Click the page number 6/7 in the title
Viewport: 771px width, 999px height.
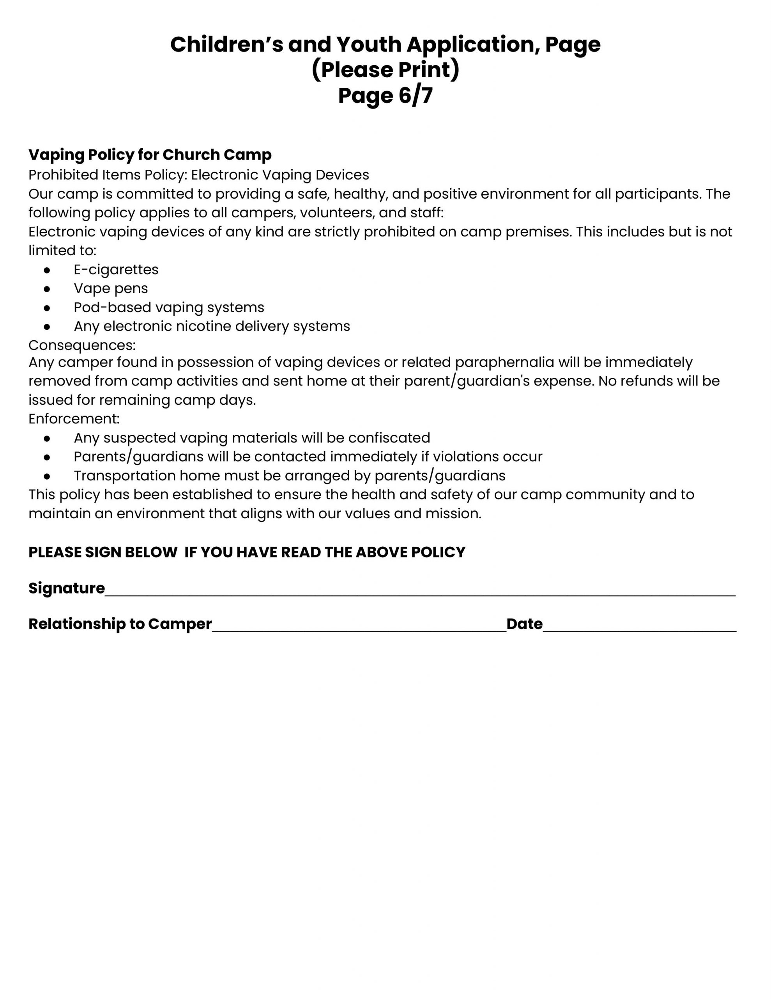[416, 96]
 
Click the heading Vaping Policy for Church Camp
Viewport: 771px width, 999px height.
[150, 155]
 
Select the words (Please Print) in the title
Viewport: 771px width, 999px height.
[385, 70]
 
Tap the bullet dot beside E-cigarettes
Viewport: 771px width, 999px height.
[47, 270]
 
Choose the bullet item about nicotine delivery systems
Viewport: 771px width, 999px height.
[212, 326]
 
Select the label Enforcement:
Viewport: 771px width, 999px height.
[74, 419]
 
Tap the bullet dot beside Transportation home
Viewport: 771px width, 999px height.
[47, 476]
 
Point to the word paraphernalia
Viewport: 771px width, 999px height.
[504, 362]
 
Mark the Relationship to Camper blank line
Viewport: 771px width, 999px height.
[359, 627]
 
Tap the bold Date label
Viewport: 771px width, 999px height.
[524, 624]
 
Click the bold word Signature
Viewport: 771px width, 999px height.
[67, 588]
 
